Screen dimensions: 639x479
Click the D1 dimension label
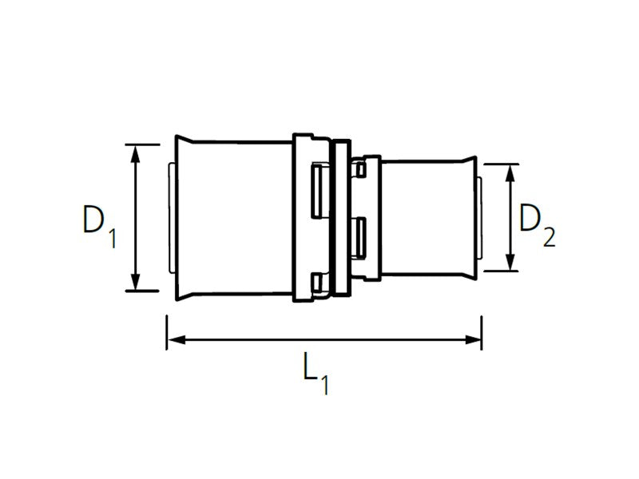(x=99, y=226)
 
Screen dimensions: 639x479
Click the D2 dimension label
(x=537, y=226)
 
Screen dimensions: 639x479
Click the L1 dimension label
(x=316, y=374)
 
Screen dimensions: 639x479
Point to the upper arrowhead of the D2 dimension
(x=510, y=173)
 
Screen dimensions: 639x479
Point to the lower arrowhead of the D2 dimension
(x=510, y=262)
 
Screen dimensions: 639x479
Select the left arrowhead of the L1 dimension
(x=177, y=339)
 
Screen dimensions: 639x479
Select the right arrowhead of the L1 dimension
(x=473, y=339)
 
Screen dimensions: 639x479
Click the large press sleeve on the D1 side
(x=234, y=218)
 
